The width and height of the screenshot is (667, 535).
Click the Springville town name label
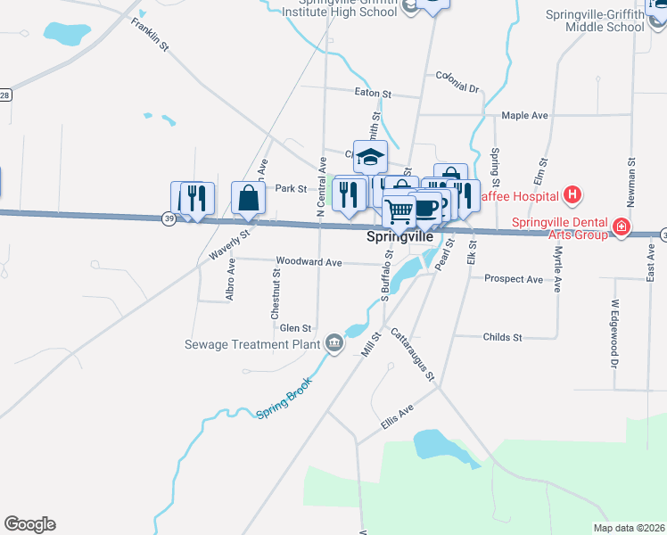pyautogui.click(x=400, y=238)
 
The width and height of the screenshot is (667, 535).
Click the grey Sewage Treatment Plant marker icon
pyautogui.click(x=334, y=343)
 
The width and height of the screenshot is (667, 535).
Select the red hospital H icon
pyautogui.click(x=572, y=195)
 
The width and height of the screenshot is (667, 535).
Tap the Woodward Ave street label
pyautogui.click(x=309, y=262)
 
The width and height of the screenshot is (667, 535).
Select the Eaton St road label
pyautogui.click(x=373, y=93)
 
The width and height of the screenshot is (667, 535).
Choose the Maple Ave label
pyautogui.click(x=524, y=116)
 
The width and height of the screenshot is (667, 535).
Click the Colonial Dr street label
pyautogui.click(x=457, y=83)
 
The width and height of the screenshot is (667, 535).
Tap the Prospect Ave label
pyautogui.click(x=513, y=279)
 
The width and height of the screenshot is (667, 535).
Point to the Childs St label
pyautogui.click(x=502, y=337)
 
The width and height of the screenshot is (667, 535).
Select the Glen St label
pyautogui.click(x=295, y=328)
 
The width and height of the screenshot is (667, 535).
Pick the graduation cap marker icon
pyautogui.click(x=370, y=158)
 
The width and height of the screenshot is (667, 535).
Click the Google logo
pyautogui.click(x=29, y=524)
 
